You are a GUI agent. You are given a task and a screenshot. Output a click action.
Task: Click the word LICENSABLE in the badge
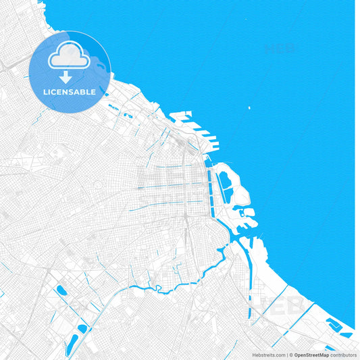click(70, 91)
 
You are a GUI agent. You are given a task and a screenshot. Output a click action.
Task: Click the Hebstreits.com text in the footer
click(268, 354)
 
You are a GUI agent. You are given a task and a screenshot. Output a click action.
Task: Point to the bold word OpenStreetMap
click(312, 354)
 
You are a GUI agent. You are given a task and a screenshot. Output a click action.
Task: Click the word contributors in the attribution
click(344, 354)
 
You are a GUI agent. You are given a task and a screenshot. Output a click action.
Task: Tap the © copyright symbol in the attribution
click(291, 354)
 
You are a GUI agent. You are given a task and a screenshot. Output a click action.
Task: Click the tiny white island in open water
click(249, 107)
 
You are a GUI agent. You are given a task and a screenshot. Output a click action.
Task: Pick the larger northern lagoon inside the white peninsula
click(224, 180)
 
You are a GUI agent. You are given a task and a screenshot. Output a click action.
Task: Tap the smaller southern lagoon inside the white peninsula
click(228, 195)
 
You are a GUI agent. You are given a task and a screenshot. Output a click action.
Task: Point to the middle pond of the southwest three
click(82, 328)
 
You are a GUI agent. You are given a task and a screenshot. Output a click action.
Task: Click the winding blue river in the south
click(169, 286)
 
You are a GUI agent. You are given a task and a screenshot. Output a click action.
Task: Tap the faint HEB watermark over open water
click(280, 48)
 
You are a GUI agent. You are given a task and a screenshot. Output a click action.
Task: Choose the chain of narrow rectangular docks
click(215, 186)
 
